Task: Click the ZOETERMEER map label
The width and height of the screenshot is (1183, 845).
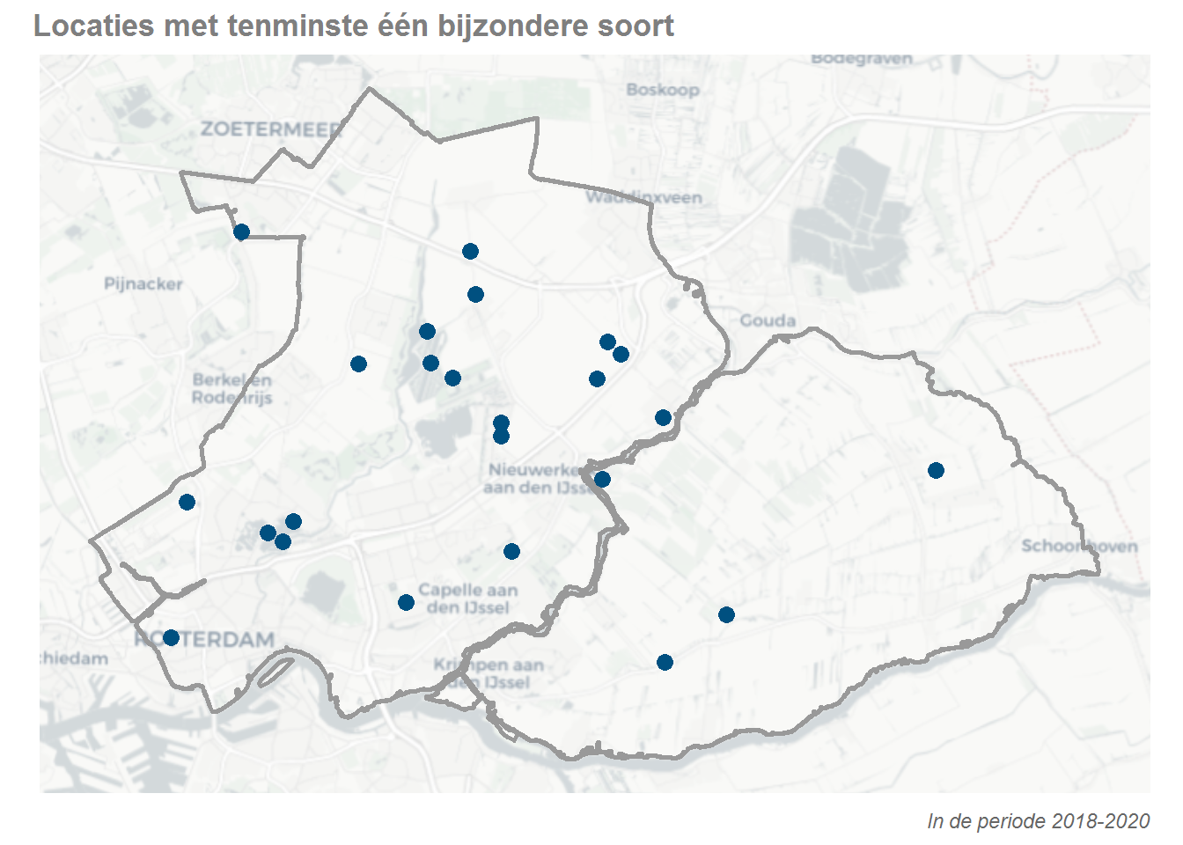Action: (x=270, y=129)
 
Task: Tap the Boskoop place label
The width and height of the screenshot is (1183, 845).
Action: (x=663, y=90)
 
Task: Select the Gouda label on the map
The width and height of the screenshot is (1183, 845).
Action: (x=768, y=320)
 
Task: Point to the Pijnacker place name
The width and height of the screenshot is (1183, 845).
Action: (x=143, y=283)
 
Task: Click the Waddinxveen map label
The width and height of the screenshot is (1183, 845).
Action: (x=644, y=197)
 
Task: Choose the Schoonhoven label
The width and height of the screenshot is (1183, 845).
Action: (x=1079, y=546)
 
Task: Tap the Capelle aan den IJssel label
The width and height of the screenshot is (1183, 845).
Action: (x=467, y=599)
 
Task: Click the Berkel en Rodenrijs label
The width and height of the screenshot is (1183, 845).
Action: (x=232, y=388)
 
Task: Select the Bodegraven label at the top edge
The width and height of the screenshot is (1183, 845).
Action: (x=862, y=59)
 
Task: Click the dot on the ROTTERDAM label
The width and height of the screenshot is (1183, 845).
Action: (x=171, y=637)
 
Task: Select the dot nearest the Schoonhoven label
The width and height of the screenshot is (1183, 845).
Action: (x=936, y=470)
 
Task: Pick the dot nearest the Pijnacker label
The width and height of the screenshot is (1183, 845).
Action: (x=241, y=231)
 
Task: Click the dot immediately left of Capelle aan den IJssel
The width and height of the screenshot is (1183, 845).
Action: (x=406, y=602)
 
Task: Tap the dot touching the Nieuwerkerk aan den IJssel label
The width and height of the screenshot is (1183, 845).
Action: (x=602, y=479)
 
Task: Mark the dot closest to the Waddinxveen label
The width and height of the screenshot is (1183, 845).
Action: (x=470, y=252)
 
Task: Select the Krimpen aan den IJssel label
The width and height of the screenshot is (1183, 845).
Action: (x=488, y=673)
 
